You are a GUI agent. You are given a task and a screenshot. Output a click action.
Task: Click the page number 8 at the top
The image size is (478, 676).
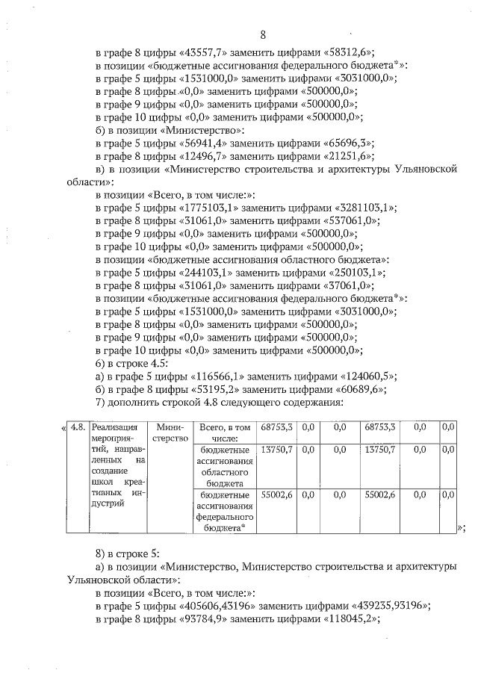point(263,34)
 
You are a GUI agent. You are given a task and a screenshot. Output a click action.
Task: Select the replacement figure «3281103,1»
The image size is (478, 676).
point(361,208)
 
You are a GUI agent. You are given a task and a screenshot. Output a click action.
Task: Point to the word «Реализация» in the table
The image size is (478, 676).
point(111,427)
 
